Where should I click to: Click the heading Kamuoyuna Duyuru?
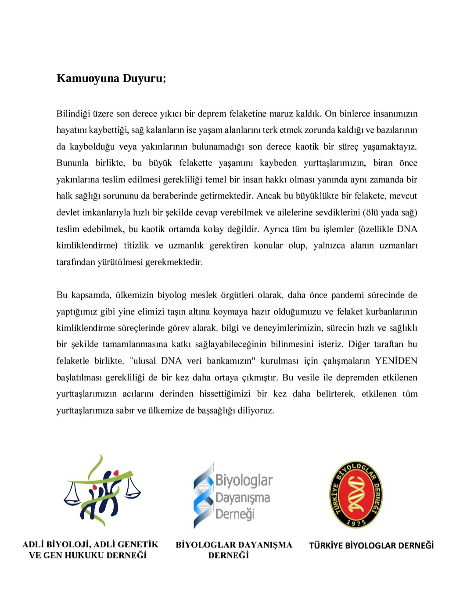pyautogui.click(x=111, y=79)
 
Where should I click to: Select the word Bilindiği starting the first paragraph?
pyautogui.click(x=72, y=114)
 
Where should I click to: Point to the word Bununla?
pyautogui.click(x=72, y=163)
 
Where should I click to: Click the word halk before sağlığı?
pyautogui.click(x=65, y=196)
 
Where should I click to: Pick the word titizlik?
pyautogui.click(x=136, y=245)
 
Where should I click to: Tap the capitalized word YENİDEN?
pyautogui.click(x=396, y=361)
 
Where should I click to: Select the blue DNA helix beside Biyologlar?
pyautogui.click(x=203, y=495)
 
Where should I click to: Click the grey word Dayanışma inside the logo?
pyautogui.click(x=243, y=498)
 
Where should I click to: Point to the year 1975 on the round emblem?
pyautogui.click(x=356, y=522)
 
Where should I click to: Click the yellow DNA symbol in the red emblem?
pyautogui.click(x=356, y=495)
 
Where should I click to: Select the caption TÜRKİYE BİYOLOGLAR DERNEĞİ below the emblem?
pyautogui.click(x=371, y=546)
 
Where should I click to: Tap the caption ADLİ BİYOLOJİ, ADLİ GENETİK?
pyautogui.click(x=90, y=544)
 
